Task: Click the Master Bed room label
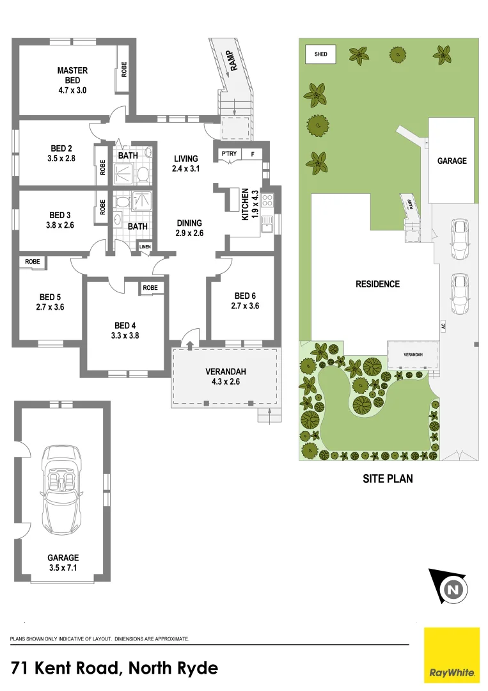coord(72,80)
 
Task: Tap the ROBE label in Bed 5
coord(33,262)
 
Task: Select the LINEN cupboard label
coord(145,247)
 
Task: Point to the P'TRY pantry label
coord(228,154)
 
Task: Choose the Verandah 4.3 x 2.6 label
coord(226,377)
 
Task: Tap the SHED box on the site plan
coord(320,54)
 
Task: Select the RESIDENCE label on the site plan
coord(377,284)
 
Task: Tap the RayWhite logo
coord(452,655)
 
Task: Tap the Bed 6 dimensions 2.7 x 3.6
coord(245,306)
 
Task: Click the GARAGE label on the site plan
coord(452,161)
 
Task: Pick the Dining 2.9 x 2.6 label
coord(189,228)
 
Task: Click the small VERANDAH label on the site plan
coord(413,354)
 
